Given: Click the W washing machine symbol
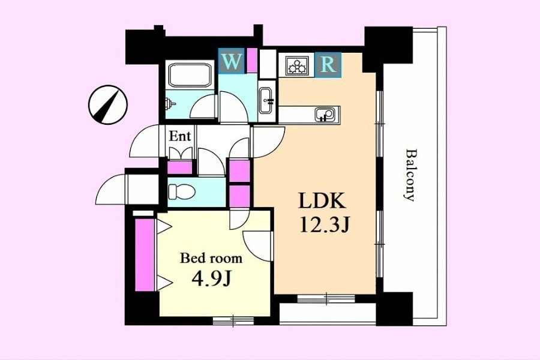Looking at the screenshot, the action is pyautogui.click(x=232, y=61).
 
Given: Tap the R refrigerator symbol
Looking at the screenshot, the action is pyautogui.click(x=328, y=64).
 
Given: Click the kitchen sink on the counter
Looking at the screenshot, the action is pyautogui.click(x=325, y=114).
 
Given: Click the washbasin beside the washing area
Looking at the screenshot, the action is pyautogui.click(x=266, y=100).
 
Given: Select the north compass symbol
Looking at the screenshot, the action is pyautogui.click(x=107, y=105).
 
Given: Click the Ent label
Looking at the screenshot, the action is pyautogui.click(x=180, y=136).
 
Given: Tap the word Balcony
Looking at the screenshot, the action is pyautogui.click(x=409, y=175).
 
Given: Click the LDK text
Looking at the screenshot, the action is pyautogui.click(x=322, y=200).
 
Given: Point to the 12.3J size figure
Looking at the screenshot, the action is pyautogui.click(x=325, y=226).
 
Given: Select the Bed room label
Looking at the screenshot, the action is pyautogui.click(x=211, y=258).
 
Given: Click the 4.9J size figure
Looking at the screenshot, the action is pyautogui.click(x=211, y=280).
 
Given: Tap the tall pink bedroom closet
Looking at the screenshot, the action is pyautogui.click(x=145, y=254).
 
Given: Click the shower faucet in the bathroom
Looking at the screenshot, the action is pyautogui.click(x=170, y=103).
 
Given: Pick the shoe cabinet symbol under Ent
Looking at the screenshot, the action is pyautogui.click(x=181, y=154).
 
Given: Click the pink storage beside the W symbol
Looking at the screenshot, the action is pyautogui.click(x=253, y=60).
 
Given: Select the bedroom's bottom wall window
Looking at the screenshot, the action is pyautogui.click(x=233, y=321).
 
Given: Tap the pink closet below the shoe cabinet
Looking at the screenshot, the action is pyautogui.click(x=179, y=168).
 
